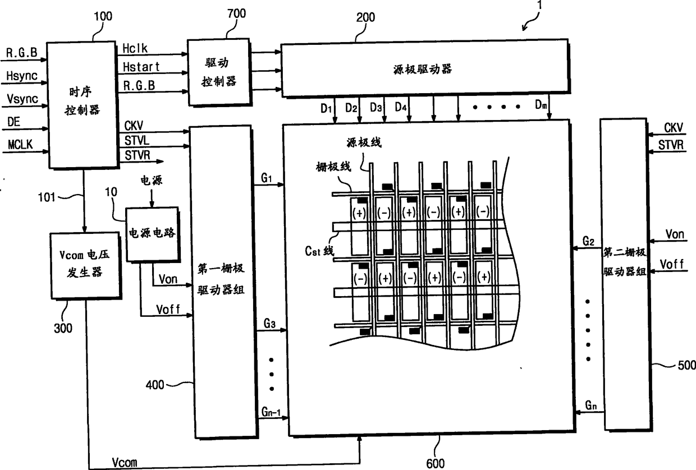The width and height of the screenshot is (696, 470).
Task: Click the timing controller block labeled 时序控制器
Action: [83, 104]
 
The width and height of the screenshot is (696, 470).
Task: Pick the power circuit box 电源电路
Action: [152, 234]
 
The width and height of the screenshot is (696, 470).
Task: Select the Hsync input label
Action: [21, 75]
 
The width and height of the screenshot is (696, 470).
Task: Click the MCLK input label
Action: [20, 145]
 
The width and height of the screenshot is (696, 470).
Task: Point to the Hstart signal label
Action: [141, 67]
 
